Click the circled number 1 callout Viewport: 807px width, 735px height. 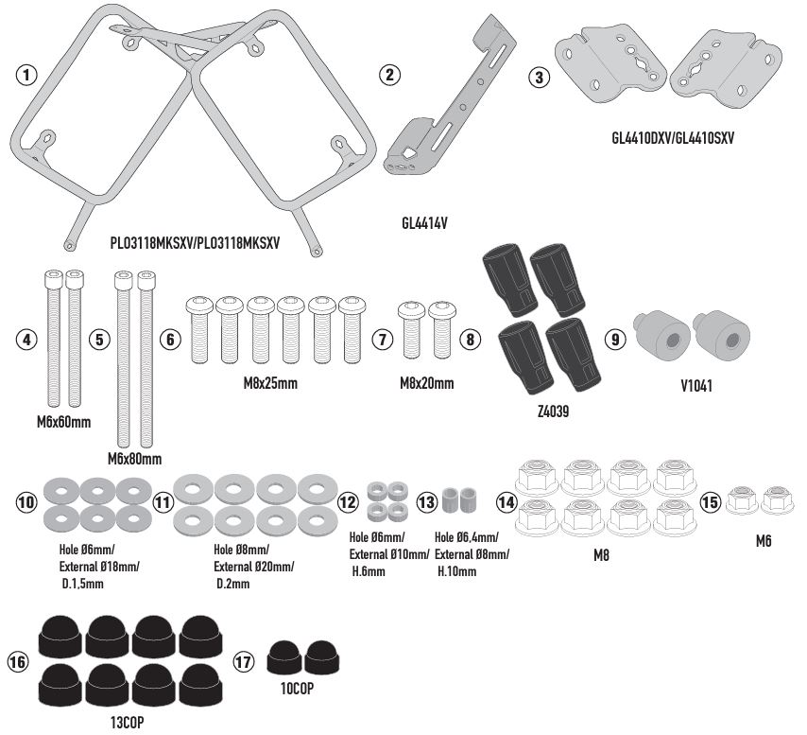(x=28, y=75)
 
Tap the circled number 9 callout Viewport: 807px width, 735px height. (x=615, y=340)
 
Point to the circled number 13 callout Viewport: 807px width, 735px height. (x=428, y=501)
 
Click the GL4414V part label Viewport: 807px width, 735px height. (x=423, y=225)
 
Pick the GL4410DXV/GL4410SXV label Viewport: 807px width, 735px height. (x=673, y=138)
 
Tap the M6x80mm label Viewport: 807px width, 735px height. (x=133, y=458)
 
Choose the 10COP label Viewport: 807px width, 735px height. (x=296, y=690)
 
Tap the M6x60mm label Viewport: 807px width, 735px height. (x=58, y=422)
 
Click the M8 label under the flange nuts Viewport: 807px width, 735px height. (x=600, y=557)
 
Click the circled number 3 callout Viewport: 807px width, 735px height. (x=539, y=79)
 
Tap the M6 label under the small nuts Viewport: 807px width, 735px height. (x=764, y=542)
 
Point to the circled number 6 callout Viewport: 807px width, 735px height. (x=171, y=340)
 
